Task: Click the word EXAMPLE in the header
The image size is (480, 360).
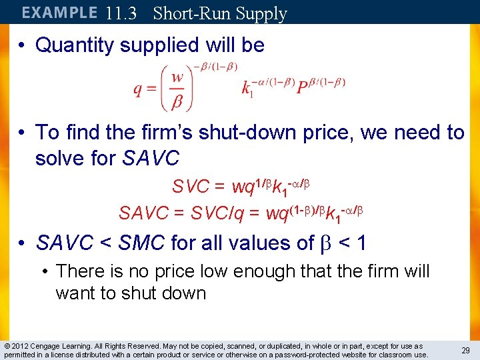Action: tap(59, 13)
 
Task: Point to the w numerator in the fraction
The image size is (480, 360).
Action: tap(177, 78)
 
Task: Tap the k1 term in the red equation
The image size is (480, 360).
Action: tap(247, 89)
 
